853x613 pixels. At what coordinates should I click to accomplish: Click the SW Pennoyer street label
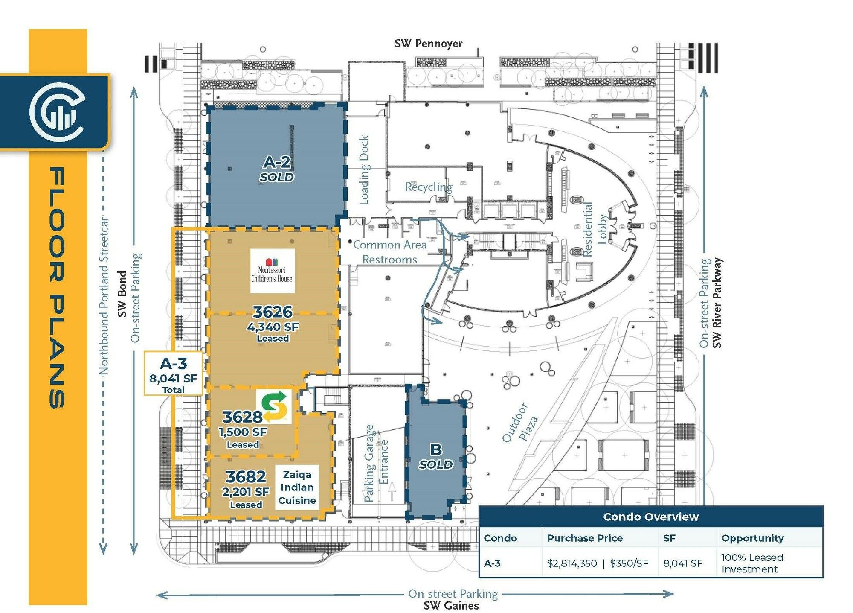point(428,44)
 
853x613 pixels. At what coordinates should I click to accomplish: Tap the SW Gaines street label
point(451,605)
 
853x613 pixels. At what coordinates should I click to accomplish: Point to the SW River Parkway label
point(717,303)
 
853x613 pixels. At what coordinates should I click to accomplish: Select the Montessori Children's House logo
point(272,271)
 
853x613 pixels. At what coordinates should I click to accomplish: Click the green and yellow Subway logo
point(274,406)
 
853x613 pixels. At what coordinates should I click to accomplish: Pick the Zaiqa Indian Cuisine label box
point(297,487)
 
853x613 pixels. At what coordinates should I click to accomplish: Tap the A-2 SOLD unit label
point(277,169)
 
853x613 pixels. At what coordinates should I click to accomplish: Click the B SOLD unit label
point(435,456)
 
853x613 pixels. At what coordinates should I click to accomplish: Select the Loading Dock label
point(364,170)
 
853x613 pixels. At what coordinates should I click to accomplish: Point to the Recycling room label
point(428,187)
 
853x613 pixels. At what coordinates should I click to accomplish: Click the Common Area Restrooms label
point(390,252)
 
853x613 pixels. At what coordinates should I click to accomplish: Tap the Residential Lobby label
point(595,230)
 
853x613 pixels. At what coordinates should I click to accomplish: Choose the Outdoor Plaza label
point(520,423)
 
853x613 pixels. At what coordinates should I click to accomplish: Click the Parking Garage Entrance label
point(376,463)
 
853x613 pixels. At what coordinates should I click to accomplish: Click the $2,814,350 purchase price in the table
point(572,563)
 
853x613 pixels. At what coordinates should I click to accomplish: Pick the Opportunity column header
point(752,538)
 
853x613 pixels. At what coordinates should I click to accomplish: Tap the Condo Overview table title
point(651,517)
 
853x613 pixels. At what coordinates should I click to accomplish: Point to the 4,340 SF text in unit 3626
point(273,327)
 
